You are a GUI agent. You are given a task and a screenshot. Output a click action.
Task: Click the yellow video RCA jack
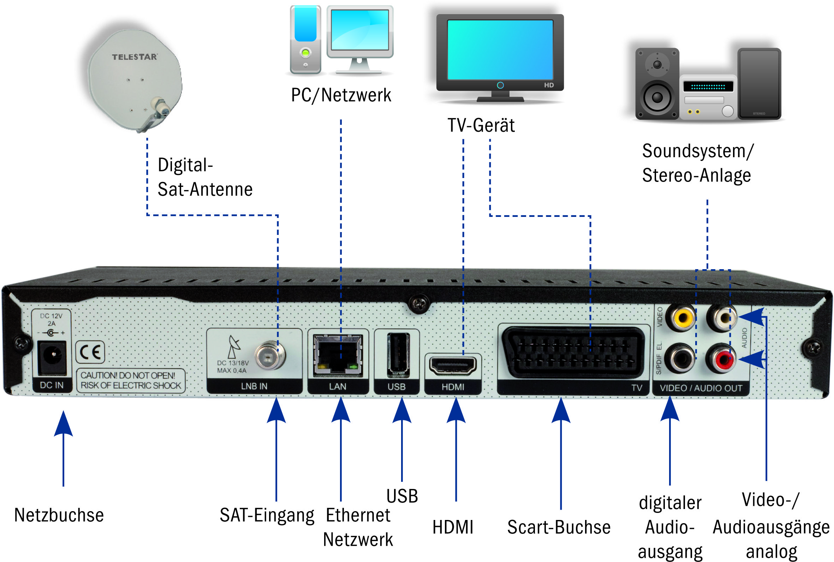point(682,317)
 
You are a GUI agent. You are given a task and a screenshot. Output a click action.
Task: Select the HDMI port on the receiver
point(453,366)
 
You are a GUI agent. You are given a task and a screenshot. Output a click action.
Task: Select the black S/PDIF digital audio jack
point(680,359)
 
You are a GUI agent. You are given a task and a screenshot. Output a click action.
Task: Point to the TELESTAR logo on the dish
point(134,57)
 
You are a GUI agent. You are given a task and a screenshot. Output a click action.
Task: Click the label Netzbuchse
point(59,515)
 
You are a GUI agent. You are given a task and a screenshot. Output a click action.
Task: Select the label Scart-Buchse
point(559,527)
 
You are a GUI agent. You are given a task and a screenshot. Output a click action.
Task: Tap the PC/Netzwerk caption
point(341,95)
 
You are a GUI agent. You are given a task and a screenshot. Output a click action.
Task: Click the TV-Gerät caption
point(481,125)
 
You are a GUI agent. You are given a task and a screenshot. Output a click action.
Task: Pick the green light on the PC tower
point(305,53)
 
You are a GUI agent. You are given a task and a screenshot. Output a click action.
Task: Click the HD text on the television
point(548,85)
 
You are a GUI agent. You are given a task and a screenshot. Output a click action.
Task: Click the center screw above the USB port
point(419,304)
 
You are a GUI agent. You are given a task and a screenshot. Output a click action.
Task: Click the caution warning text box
point(130,380)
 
